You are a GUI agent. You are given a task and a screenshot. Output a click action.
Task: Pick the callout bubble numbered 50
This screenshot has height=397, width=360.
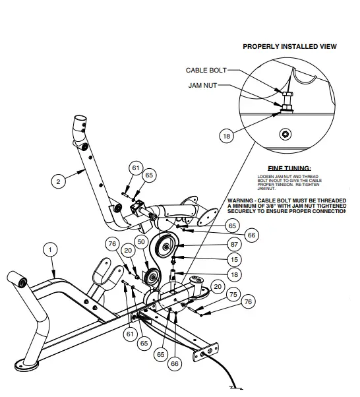pyautogui.click(x=140, y=242)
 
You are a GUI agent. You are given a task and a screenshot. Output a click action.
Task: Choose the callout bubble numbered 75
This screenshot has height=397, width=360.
pyautogui.click(x=232, y=294)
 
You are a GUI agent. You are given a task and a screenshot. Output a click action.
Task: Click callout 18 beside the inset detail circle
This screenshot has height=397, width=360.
pyautogui.click(x=227, y=136)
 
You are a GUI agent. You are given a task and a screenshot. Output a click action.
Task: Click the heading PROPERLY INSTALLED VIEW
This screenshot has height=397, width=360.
pyautogui.click(x=289, y=47)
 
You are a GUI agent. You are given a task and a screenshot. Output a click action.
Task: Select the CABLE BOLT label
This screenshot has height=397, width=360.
pyautogui.click(x=206, y=70)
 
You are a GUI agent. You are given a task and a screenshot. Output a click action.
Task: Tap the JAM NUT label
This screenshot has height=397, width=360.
pyautogui.click(x=202, y=86)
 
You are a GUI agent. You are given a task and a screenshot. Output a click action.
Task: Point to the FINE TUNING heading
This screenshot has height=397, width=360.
pyautogui.click(x=289, y=168)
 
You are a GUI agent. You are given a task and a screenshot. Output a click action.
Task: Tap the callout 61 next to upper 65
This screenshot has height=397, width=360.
pyautogui.click(x=135, y=169)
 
